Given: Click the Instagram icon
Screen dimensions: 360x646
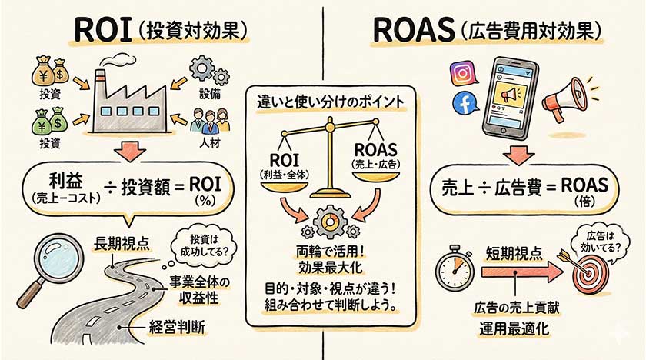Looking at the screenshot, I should pos(462,75).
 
